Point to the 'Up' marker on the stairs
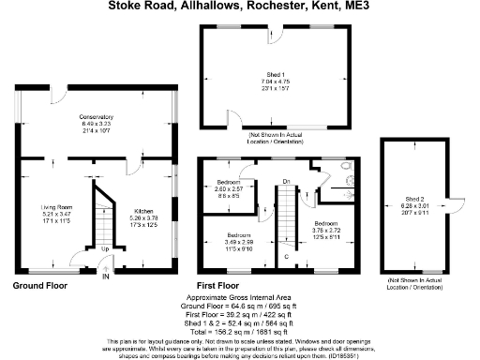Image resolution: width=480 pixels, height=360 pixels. pos(104,249)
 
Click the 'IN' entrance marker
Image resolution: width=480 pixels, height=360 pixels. pos(105,277)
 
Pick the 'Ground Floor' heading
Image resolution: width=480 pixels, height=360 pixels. pos(38,284)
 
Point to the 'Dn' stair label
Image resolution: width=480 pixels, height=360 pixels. pos(287,180)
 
